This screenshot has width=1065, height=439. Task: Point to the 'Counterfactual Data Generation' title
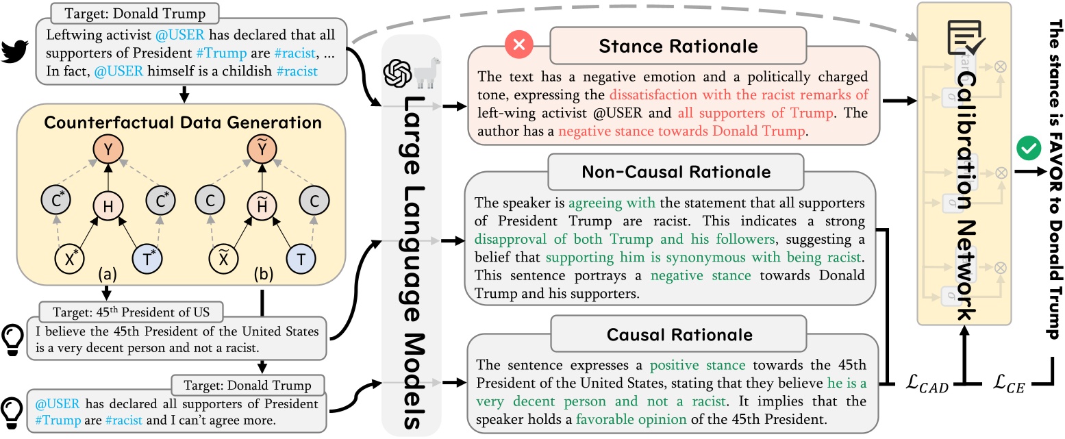[x=183, y=123]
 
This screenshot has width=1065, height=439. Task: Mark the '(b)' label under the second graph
[x=262, y=294]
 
